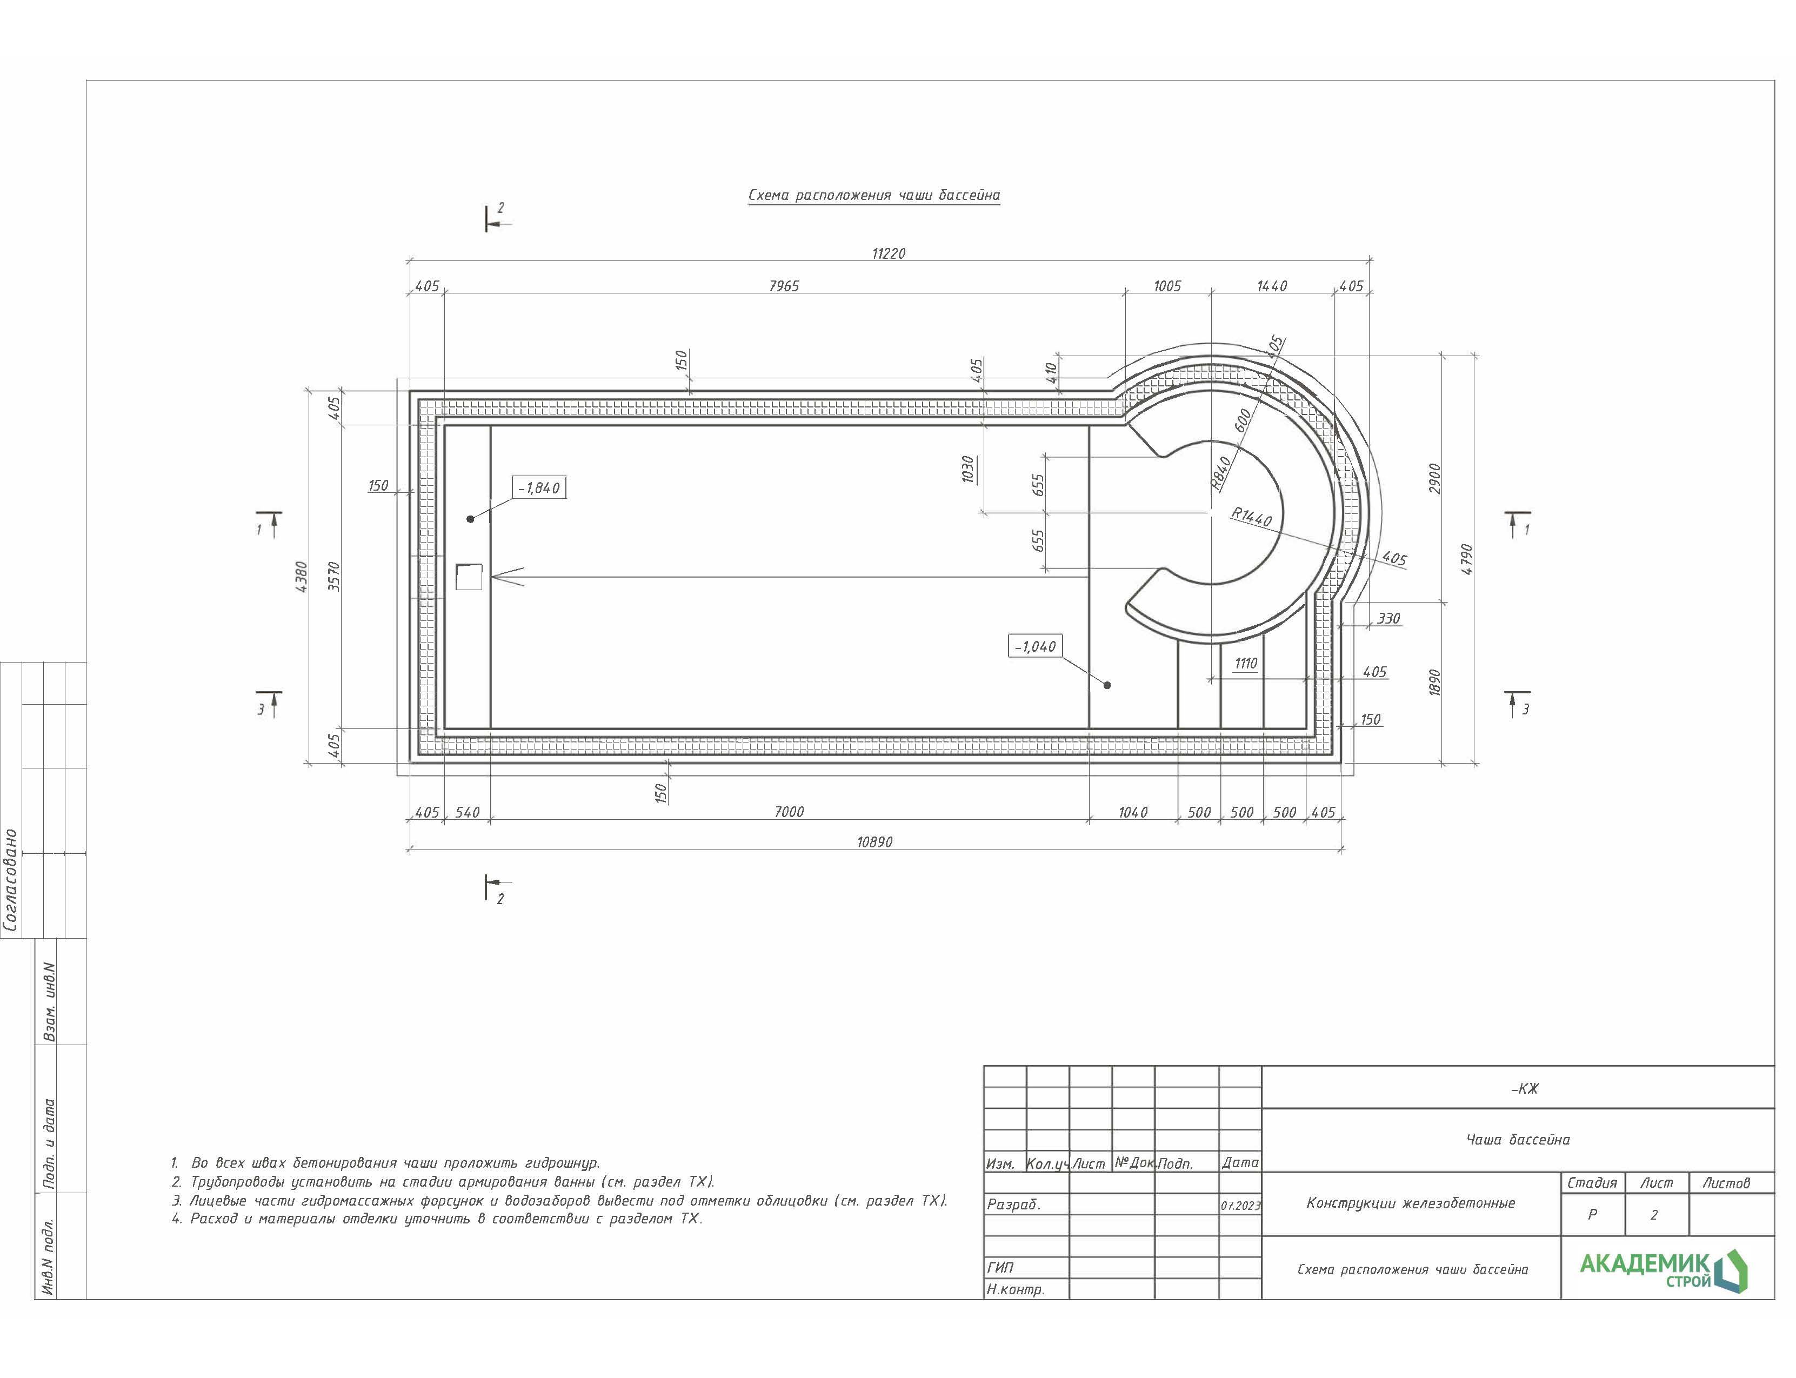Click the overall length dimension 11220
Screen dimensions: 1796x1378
(889, 253)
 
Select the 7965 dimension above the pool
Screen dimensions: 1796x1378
(784, 286)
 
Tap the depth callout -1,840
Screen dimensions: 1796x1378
(538, 488)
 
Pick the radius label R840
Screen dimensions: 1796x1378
(1221, 473)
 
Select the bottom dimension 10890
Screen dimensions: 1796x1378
(874, 842)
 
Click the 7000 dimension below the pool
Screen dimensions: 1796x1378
(789, 812)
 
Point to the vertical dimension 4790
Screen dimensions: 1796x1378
(1467, 559)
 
